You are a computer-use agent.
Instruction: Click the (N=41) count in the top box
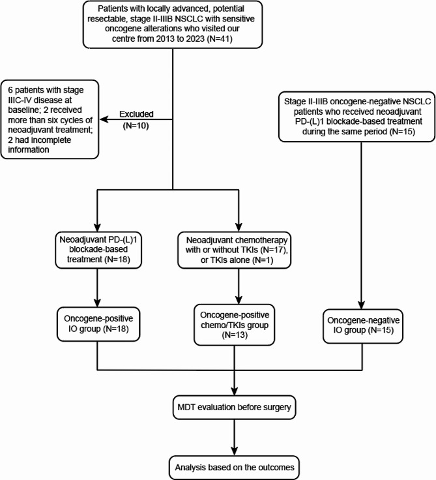[220, 39]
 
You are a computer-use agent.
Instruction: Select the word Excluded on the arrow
[136, 114]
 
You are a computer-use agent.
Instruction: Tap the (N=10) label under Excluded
[136, 125]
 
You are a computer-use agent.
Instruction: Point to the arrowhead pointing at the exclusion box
[104, 119]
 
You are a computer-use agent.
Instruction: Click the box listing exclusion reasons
[50, 119]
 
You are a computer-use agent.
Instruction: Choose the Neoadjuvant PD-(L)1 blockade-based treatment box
[98, 250]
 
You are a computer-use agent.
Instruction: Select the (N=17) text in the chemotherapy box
[273, 250]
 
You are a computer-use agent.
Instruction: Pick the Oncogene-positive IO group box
[98, 324]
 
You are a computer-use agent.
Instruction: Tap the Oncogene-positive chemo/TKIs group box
[235, 325]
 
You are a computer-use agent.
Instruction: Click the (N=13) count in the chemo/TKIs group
[235, 335]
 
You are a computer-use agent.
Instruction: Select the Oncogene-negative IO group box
[363, 326]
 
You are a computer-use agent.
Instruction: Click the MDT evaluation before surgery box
[235, 408]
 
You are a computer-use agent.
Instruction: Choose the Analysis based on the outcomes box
[235, 468]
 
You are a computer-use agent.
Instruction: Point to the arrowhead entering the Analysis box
[235, 451]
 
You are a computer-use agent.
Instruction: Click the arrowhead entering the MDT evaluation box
[235, 391]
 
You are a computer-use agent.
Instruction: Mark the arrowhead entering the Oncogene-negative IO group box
[361, 305]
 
